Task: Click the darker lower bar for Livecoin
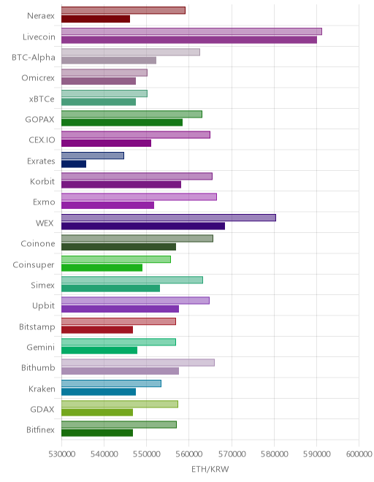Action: click(189, 39)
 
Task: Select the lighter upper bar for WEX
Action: click(169, 218)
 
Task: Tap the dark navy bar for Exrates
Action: click(74, 164)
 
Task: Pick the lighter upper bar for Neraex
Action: click(123, 10)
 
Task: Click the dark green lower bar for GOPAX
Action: click(122, 123)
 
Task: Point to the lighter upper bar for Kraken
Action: click(111, 383)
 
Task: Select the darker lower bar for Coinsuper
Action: click(102, 267)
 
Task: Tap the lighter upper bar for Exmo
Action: click(139, 196)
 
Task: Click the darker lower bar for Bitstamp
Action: click(97, 329)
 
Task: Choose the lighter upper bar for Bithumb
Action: click(138, 363)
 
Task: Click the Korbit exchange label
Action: click(42, 181)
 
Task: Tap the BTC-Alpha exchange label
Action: click(34, 58)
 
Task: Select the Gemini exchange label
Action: click(41, 347)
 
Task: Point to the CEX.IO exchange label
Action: click(42, 140)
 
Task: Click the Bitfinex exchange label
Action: click(40, 429)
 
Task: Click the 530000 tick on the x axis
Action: click(62, 454)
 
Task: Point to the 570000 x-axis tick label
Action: click(232, 454)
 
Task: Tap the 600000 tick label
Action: click(359, 454)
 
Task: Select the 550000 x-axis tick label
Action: click(147, 454)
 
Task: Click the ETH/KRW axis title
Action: click(210, 469)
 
